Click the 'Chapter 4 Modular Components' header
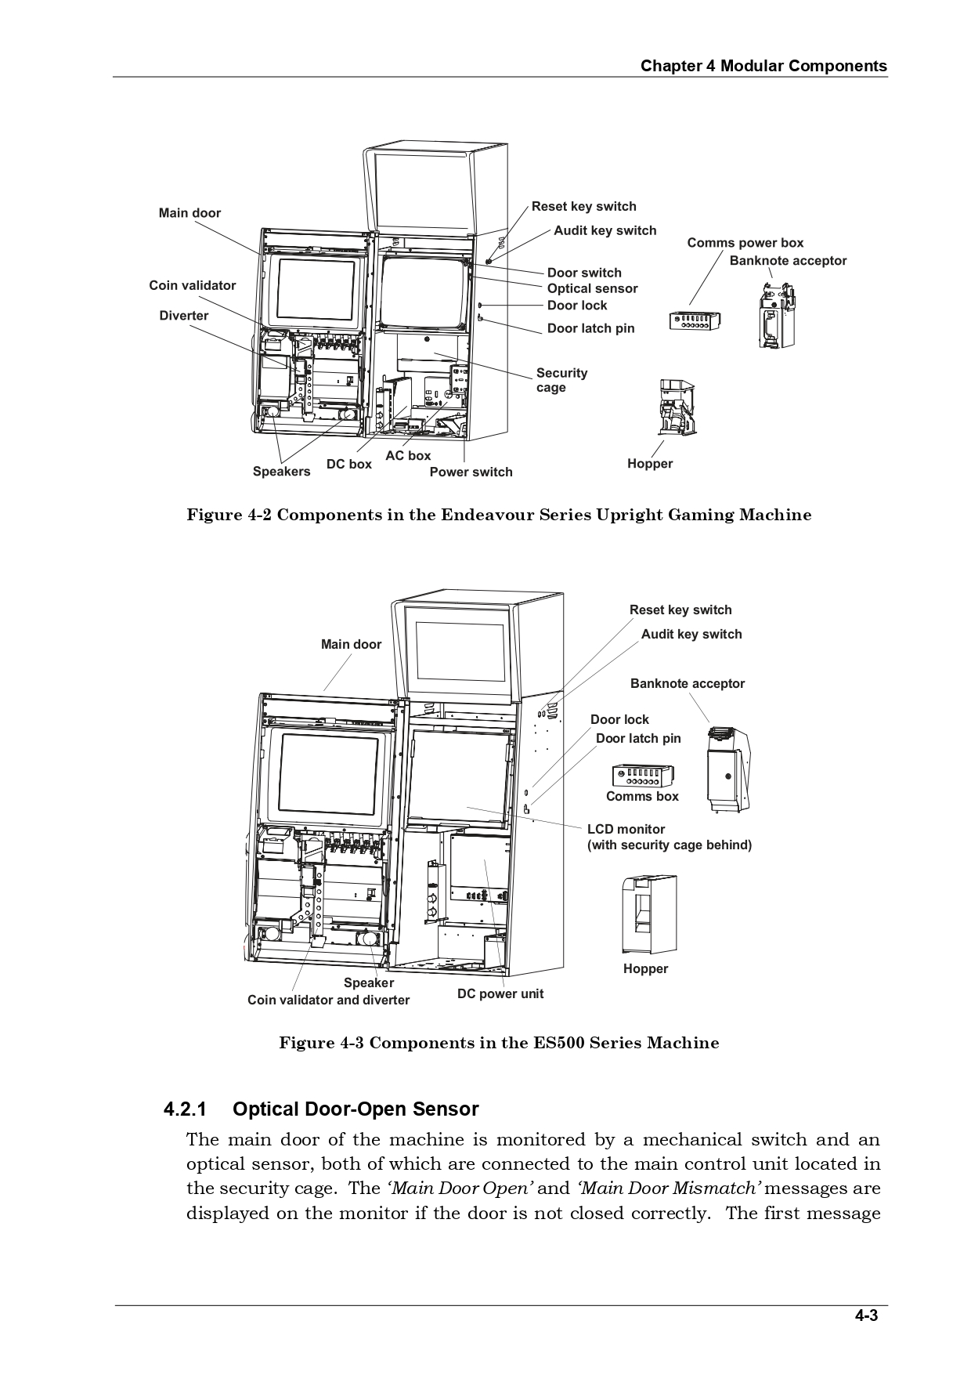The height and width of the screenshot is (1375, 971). point(763,66)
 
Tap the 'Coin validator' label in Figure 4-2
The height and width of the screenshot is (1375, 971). point(192,285)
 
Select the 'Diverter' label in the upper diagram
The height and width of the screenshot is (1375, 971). point(183,316)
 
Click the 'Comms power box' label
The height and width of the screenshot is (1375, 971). point(745,243)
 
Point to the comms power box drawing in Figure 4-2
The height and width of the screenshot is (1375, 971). point(695,320)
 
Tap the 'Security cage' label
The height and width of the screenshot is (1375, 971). point(561,380)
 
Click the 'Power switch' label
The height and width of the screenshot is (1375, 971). point(471,472)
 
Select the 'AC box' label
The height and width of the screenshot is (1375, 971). point(408,455)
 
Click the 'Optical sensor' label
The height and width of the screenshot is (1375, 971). point(592,288)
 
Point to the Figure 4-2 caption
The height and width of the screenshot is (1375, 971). point(499,515)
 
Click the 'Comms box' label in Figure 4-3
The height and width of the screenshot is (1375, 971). point(642,796)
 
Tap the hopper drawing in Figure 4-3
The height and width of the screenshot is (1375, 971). point(649,914)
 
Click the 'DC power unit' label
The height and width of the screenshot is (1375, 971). point(500,993)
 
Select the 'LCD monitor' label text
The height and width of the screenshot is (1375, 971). point(626,829)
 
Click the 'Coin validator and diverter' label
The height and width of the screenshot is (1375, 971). point(328,1000)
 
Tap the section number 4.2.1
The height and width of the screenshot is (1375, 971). point(185,1109)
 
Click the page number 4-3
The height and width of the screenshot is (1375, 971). point(865,1316)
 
